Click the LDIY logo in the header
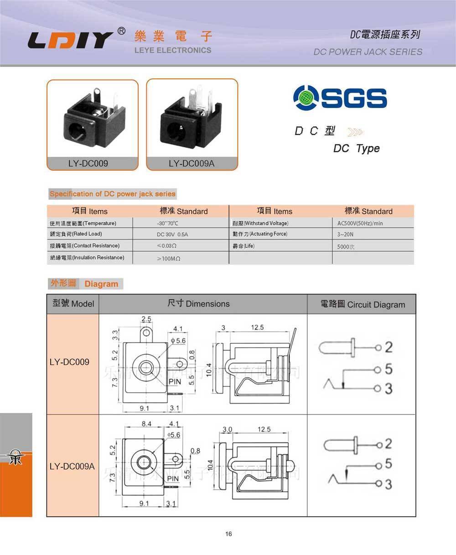(x=71, y=40)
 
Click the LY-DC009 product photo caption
(x=88, y=163)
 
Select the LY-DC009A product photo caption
(x=192, y=163)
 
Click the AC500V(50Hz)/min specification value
(x=360, y=223)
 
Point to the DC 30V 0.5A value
(x=172, y=234)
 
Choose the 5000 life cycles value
(x=346, y=247)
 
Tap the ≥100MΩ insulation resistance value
(x=169, y=259)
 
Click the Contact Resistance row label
(x=85, y=246)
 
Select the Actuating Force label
(x=260, y=234)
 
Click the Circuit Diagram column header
(x=363, y=305)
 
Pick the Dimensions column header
(x=198, y=304)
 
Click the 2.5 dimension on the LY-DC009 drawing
(x=146, y=319)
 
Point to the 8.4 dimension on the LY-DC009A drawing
(x=146, y=424)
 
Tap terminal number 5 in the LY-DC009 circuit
(x=389, y=368)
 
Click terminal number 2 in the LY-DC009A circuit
(x=389, y=443)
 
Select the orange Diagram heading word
(x=101, y=284)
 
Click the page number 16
(x=228, y=534)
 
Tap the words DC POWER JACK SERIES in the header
(x=368, y=52)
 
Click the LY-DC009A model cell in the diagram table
(x=72, y=467)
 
